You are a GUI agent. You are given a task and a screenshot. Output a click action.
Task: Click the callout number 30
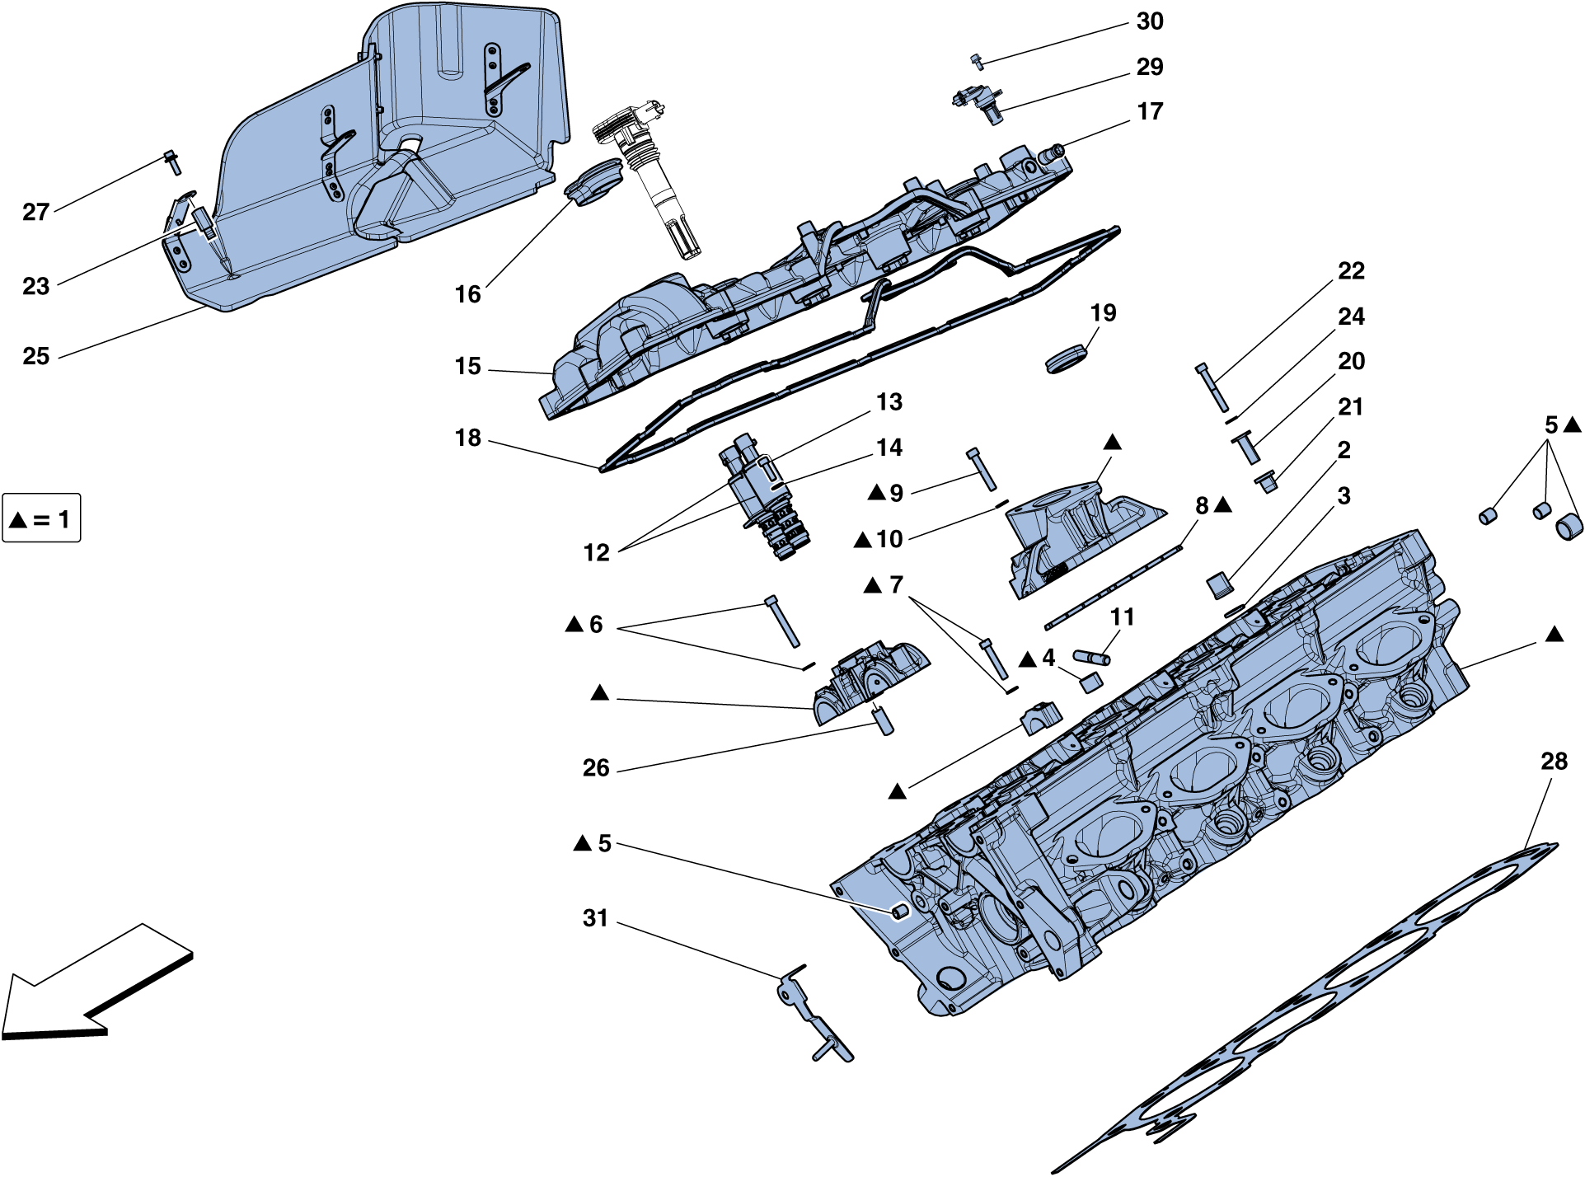(1149, 21)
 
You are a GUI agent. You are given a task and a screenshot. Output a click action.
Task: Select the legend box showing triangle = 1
(41, 518)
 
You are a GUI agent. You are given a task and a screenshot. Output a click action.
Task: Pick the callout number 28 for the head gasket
(1554, 762)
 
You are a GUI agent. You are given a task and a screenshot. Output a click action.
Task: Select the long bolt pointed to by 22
(1212, 387)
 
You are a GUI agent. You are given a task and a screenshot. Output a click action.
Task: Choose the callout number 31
(595, 918)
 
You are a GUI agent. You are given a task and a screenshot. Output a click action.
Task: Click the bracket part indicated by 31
(816, 1018)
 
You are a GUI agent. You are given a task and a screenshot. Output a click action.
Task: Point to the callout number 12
(596, 552)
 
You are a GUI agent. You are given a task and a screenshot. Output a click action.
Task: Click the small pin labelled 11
(1092, 657)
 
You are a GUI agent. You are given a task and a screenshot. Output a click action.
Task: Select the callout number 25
(36, 356)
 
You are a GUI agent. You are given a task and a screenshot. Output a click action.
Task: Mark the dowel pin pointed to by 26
(883, 720)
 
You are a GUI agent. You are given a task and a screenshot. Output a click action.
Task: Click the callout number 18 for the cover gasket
(468, 438)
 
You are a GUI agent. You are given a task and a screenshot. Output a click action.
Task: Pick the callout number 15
(467, 366)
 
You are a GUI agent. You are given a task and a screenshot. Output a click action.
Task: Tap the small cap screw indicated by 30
(978, 60)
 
